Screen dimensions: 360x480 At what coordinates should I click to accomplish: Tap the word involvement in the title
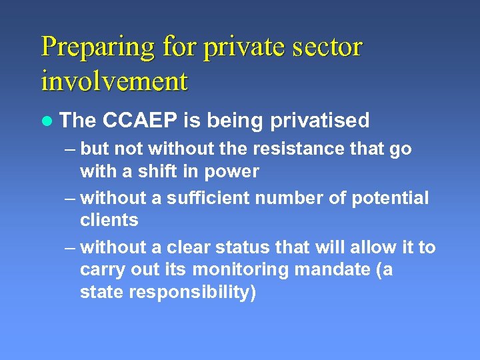tap(115, 81)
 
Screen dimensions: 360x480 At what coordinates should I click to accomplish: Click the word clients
tap(109, 220)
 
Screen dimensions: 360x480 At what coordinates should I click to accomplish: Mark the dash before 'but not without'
tap(71, 149)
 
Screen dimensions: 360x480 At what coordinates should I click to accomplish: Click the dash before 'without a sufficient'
tap(71, 199)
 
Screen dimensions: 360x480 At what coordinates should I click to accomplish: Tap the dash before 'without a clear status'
tap(71, 248)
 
